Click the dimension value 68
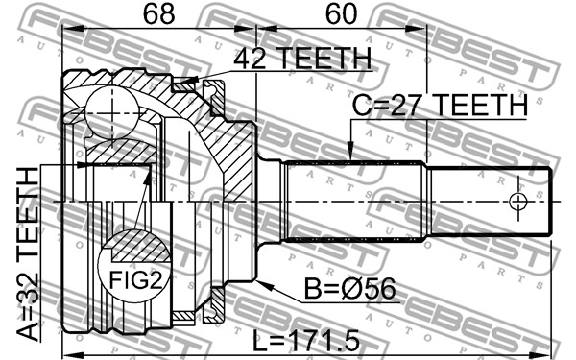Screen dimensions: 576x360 [158, 14]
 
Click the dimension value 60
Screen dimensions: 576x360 [341, 14]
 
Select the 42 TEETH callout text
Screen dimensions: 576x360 [302, 58]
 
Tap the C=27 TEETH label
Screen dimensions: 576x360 [440, 106]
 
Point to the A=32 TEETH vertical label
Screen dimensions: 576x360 [28, 254]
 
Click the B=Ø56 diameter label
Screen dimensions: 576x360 [350, 288]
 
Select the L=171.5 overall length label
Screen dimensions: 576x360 [306, 341]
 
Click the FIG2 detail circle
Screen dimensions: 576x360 [134, 266]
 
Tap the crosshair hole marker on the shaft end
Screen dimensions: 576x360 [518, 202]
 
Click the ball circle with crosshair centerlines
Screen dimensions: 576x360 [111, 112]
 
